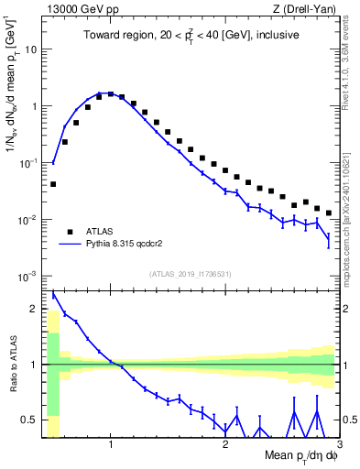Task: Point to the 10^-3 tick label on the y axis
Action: (x=27, y=277)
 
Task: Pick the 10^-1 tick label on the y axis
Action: (x=27, y=163)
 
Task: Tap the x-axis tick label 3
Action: (x=339, y=444)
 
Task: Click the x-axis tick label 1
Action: (x=111, y=444)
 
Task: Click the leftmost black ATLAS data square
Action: (x=53, y=184)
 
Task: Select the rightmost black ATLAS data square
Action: (x=329, y=213)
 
